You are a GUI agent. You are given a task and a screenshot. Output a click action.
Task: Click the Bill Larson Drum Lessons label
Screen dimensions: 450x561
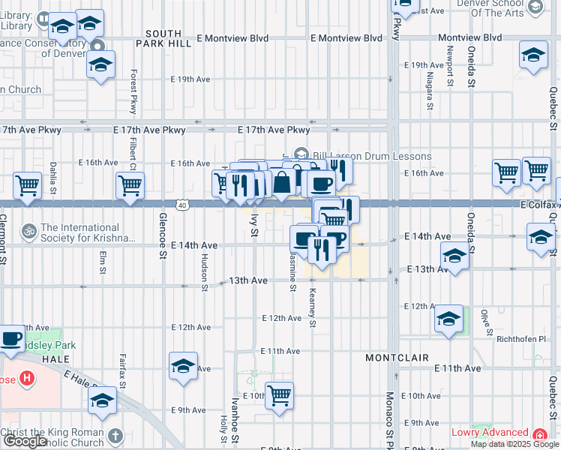coord(372,156)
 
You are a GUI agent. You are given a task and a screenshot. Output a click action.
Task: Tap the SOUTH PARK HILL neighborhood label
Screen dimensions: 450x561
coord(163,39)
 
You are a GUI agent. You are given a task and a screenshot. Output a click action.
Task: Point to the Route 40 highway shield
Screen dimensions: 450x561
coord(182,204)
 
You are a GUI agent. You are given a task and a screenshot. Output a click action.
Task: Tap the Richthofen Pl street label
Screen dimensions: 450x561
coord(525,339)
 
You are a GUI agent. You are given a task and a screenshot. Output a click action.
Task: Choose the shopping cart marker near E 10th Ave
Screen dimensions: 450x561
coord(280,394)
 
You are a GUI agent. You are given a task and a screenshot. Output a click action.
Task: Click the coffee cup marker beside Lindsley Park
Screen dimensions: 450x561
coord(10,339)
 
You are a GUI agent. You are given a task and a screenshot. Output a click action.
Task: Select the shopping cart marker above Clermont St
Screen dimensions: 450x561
coord(28,184)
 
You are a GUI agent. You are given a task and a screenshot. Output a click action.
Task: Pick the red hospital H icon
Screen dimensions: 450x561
coord(27,378)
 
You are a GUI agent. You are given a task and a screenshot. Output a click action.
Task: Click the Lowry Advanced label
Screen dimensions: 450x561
coord(490,433)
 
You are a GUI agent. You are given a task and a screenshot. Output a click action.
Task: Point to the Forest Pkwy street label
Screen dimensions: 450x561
coord(133,91)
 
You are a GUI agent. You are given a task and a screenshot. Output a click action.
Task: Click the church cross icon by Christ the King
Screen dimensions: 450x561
coord(115,435)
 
